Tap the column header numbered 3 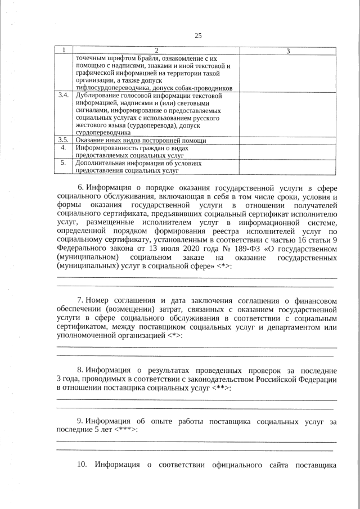[287, 51]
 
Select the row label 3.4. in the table [64, 96]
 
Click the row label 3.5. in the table [64, 139]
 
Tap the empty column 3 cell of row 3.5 [287, 139]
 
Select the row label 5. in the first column [64, 162]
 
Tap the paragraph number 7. [80, 300]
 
